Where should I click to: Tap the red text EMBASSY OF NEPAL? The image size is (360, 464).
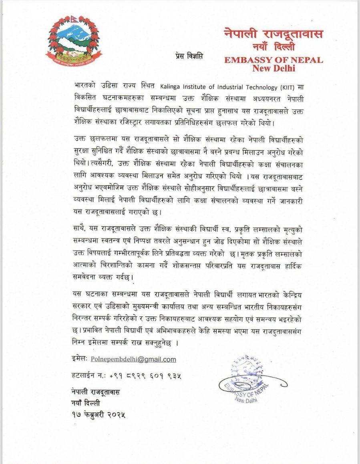(x=274, y=60)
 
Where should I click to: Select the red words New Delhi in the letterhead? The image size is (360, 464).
(x=274, y=68)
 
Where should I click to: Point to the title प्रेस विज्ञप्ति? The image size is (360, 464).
(x=189, y=56)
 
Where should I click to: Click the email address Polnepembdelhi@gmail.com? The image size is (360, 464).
(x=134, y=360)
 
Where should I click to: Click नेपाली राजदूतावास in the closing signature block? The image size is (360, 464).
(x=97, y=391)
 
